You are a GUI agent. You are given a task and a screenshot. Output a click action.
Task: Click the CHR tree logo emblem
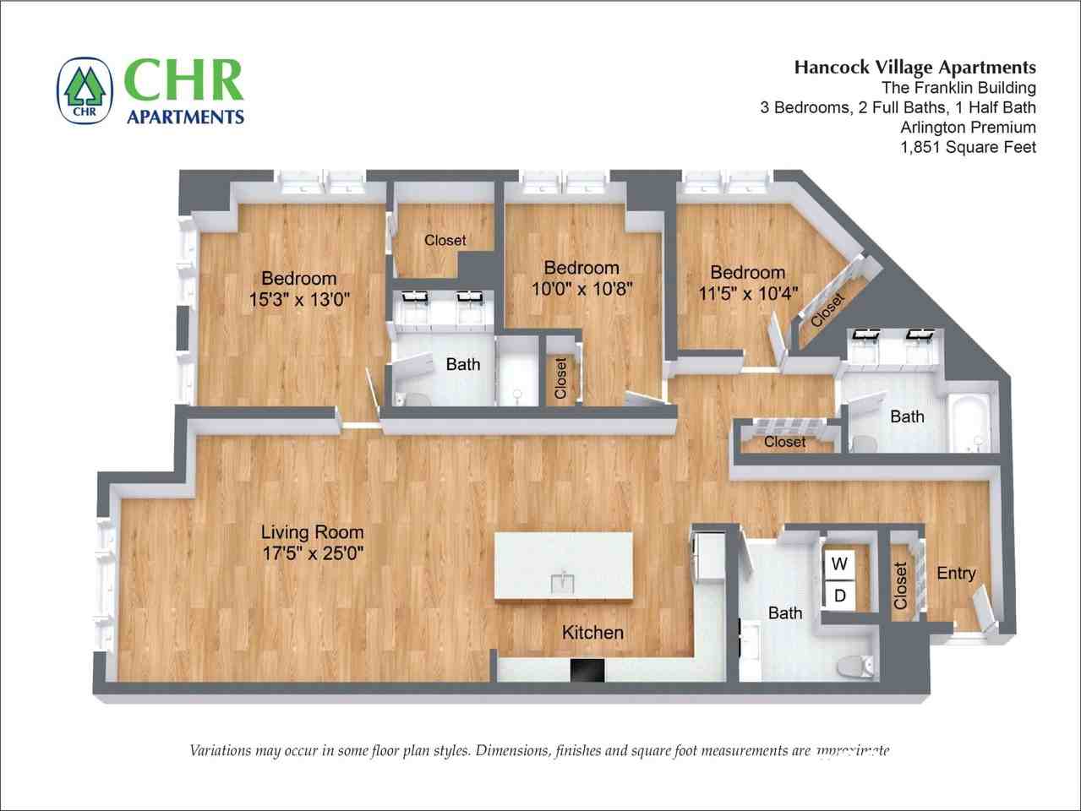coord(85,90)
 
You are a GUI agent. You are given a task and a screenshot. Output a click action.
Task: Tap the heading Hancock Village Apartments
coord(914,68)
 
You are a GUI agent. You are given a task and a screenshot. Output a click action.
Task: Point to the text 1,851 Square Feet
coord(968,148)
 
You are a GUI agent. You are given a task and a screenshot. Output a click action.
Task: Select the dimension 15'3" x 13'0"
coord(299,299)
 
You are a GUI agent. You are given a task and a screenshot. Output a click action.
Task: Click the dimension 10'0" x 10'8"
coord(581,289)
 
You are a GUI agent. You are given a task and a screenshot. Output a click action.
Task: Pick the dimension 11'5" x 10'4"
coord(748,293)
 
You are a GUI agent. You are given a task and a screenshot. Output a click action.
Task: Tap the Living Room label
coord(312,532)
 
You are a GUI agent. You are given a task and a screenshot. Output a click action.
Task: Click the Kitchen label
coord(592,632)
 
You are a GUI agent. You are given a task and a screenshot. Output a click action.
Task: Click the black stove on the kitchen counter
coord(587,671)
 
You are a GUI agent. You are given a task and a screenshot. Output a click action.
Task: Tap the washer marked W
coord(839,563)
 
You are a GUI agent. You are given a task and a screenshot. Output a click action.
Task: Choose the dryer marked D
coord(839,596)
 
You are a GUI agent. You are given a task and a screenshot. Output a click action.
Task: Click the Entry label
coord(956,574)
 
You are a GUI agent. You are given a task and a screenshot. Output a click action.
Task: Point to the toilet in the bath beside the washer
coord(856,667)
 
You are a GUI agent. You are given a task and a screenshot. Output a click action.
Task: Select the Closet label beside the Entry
coord(901,585)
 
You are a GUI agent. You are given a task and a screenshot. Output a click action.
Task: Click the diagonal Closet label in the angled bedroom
coord(827,311)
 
